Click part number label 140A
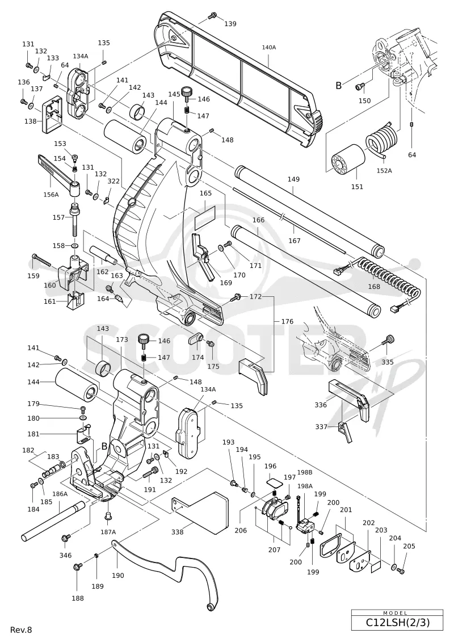269,48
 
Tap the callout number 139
230,24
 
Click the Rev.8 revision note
21,630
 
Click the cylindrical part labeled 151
348,161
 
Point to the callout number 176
287,321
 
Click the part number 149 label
293,179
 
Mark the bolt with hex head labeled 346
64,538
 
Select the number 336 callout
321,405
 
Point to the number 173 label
121,339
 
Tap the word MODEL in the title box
395,614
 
